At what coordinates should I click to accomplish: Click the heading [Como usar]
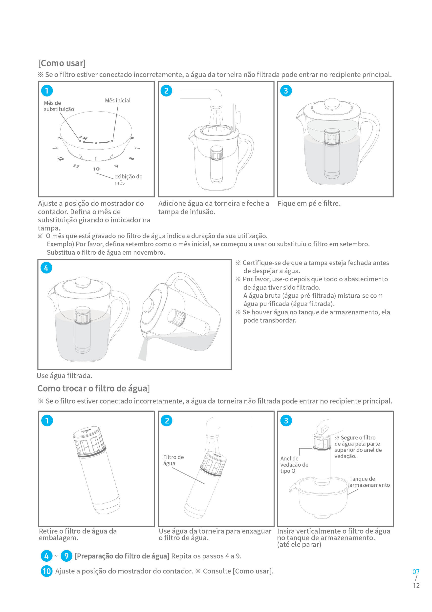(62, 63)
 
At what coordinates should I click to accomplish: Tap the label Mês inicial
(117, 100)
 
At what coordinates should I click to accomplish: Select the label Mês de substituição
(59, 106)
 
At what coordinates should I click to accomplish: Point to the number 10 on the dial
(96, 169)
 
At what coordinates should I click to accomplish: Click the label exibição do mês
(128, 179)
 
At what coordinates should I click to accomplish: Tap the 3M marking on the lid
(83, 138)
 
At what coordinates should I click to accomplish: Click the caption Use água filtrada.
(65, 376)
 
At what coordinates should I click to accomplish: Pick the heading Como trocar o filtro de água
(93, 388)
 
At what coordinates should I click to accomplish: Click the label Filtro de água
(173, 460)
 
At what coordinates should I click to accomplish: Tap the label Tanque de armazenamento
(369, 482)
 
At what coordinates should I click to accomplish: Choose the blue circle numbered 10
(46, 571)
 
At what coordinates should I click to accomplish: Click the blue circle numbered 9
(66, 556)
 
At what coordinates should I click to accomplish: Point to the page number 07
(416, 572)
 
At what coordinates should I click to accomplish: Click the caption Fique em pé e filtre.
(309, 203)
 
